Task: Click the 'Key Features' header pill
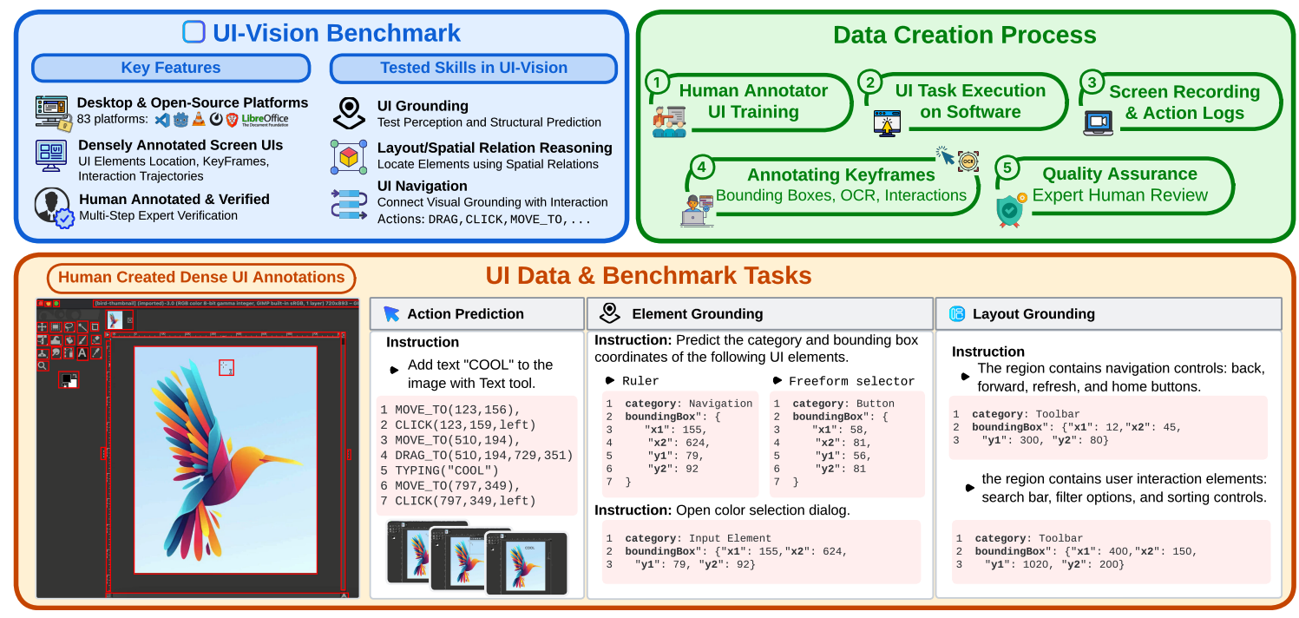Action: point(170,68)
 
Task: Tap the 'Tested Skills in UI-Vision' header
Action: point(474,68)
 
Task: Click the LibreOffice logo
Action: point(265,120)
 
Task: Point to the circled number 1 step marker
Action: point(659,82)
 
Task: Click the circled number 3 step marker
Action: point(1091,82)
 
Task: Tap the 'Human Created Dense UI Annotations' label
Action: point(201,278)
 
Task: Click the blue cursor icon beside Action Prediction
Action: point(391,314)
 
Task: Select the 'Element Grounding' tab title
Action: point(697,314)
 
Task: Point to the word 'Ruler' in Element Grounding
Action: point(640,381)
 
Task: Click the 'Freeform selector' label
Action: point(851,381)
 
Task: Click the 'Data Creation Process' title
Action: point(964,35)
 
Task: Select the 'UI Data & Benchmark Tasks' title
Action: point(648,276)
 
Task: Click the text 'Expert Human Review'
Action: point(1119,195)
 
